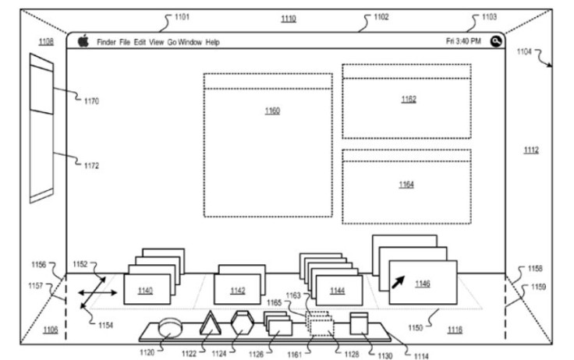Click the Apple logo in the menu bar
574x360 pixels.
(x=83, y=41)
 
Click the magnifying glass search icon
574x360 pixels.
(x=496, y=41)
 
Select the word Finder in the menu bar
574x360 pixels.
(x=106, y=42)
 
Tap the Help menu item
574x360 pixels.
(x=212, y=42)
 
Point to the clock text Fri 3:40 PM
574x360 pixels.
(x=463, y=41)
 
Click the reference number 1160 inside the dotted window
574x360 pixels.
(x=272, y=111)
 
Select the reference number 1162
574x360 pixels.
(x=409, y=99)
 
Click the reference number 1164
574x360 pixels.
(x=406, y=185)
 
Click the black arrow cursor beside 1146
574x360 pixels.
(x=399, y=282)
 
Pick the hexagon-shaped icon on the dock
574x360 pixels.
(x=242, y=323)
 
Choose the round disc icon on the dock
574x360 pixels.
(x=170, y=327)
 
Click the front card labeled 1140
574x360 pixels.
(x=147, y=289)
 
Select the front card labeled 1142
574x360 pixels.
(x=237, y=289)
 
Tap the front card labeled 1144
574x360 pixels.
(x=339, y=291)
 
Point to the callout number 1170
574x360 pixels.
(x=91, y=101)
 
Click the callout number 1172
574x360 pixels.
(x=91, y=166)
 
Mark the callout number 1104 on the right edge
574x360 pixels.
(x=524, y=51)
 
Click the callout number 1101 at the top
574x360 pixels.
(x=182, y=17)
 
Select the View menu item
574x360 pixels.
(x=156, y=42)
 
